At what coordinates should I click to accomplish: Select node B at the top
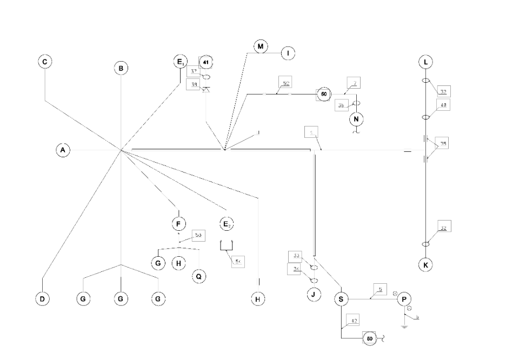tap(121, 68)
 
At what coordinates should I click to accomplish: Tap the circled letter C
tap(45, 62)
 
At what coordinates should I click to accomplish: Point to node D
tap(42, 298)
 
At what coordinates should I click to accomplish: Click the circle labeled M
tap(261, 47)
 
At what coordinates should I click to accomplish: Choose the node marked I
tap(288, 53)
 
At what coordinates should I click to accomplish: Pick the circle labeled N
tap(357, 118)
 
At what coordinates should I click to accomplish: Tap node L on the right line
tap(426, 62)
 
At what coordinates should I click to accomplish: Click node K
tap(426, 265)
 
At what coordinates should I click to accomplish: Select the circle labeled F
tap(178, 223)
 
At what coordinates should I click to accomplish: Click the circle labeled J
tap(314, 295)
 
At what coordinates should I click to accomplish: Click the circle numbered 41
tap(205, 63)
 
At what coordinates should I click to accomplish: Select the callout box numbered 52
tap(285, 83)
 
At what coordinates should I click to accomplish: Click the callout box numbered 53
tap(198, 236)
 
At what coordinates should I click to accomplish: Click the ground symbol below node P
tap(404, 326)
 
